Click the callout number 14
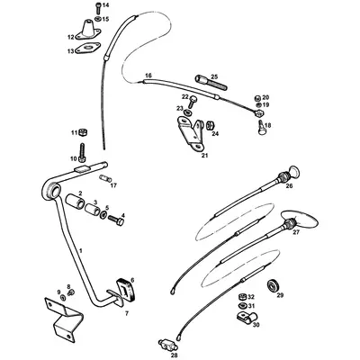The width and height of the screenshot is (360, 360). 105,6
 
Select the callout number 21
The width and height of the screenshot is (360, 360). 204,156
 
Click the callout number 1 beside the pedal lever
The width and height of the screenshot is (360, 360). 80,248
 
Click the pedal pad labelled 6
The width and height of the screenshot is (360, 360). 124,291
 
